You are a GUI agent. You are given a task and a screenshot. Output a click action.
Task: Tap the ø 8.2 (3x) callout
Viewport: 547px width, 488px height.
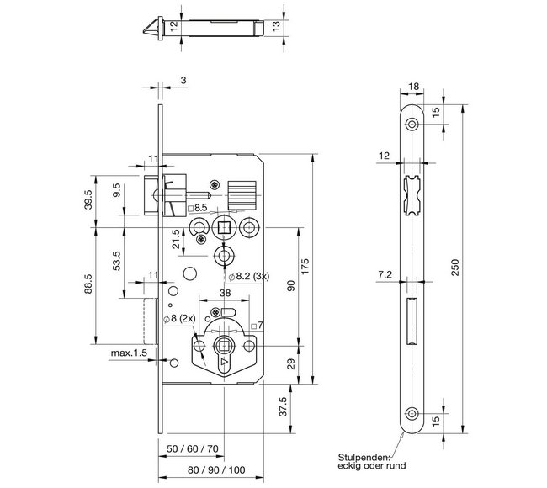(x=247, y=275)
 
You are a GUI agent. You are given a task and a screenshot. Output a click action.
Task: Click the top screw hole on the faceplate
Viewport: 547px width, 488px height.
(x=412, y=125)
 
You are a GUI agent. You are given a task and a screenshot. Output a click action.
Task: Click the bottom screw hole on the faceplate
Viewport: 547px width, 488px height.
(x=412, y=413)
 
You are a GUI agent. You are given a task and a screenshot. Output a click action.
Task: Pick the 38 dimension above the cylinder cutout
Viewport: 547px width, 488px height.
(x=225, y=294)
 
